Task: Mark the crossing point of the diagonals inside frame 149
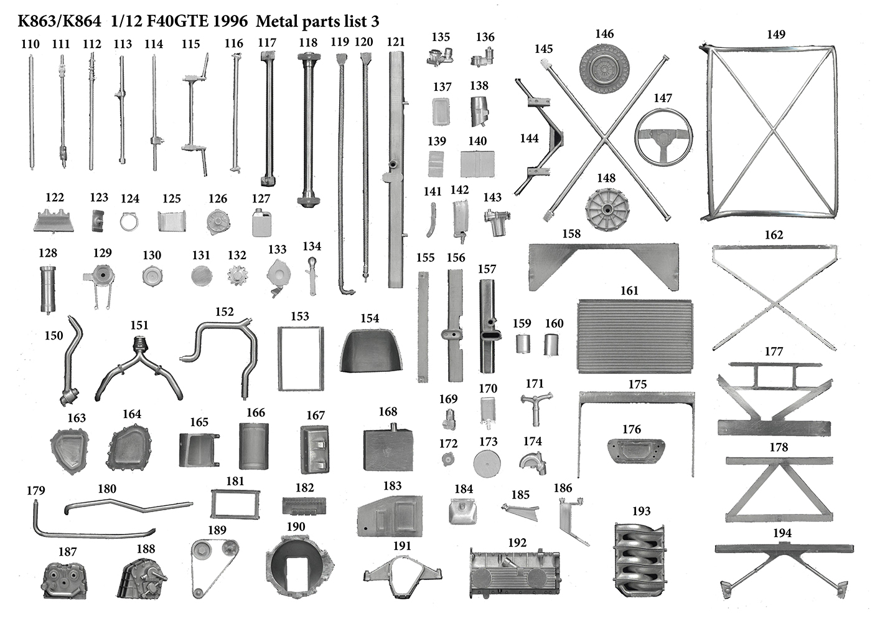(772, 130)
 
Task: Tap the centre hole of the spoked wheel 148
(607, 209)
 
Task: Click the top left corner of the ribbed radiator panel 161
(579, 301)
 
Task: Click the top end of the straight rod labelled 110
(31, 56)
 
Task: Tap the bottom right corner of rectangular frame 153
(324, 389)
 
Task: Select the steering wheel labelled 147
(663, 137)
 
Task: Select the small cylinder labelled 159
(523, 344)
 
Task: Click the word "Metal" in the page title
(276, 21)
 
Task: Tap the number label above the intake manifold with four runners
(642, 511)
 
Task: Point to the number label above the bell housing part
(296, 526)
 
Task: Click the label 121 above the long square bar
(396, 42)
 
